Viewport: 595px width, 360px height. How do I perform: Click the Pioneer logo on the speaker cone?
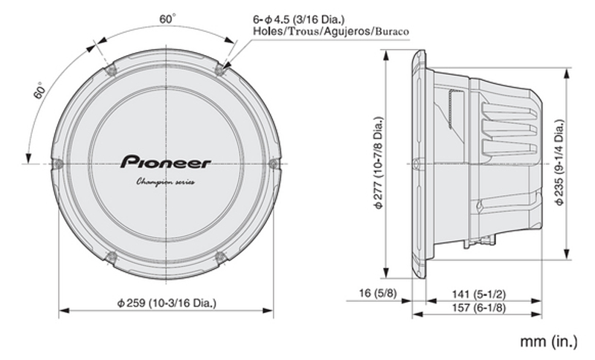tap(165, 161)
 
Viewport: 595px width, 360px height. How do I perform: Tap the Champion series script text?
tap(165, 182)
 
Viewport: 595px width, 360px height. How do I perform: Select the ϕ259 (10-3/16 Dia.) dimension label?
tap(166, 303)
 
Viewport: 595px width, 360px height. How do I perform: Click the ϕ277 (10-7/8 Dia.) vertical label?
tap(379, 163)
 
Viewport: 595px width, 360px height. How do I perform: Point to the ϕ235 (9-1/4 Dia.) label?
tap(559, 163)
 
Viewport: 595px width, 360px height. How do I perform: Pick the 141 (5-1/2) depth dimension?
tap(478, 295)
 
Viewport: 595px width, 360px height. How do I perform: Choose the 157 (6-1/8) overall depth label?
tap(478, 307)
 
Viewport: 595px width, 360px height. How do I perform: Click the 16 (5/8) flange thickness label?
tap(378, 293)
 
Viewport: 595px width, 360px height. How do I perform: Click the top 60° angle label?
tap(167, 19)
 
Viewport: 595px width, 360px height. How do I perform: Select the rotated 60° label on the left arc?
tap(40, 90)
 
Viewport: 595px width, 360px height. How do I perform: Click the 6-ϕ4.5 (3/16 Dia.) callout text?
tap(299, 19)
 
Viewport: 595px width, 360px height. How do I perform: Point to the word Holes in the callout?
tap(268, 31)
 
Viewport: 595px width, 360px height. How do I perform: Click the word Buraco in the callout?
tap(393, 31)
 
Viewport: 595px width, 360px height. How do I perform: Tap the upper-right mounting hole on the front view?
tap(220, 69)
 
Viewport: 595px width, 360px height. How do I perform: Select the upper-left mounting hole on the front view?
tap(112, 70)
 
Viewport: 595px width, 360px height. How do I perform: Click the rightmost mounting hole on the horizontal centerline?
tap(274, 164)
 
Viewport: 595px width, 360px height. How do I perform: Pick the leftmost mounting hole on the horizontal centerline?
tap(58, 164)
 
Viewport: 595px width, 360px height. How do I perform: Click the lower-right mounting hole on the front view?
tap(220, 257)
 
